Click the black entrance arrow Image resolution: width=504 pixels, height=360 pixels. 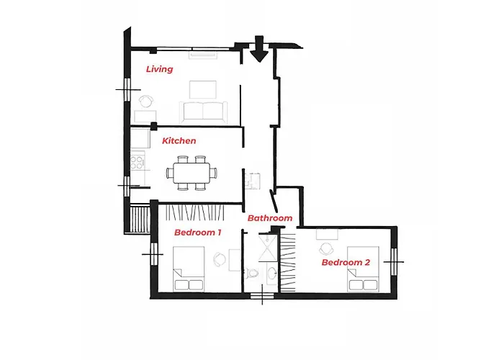[x=259, y=50]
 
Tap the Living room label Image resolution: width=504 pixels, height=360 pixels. [x=159, y=69]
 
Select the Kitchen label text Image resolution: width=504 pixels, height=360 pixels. [x=179, y=140]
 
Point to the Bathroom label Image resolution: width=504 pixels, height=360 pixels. [x=270, y=218]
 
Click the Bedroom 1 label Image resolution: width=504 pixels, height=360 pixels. [x=197, y=233]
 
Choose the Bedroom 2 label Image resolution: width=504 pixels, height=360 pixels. [x=346, y=263]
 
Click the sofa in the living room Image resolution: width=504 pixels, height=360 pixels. [x=204, y=111]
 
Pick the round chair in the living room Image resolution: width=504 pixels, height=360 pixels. [x=146, y=102]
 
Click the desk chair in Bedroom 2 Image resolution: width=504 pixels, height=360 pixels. [x=328, y=247]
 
